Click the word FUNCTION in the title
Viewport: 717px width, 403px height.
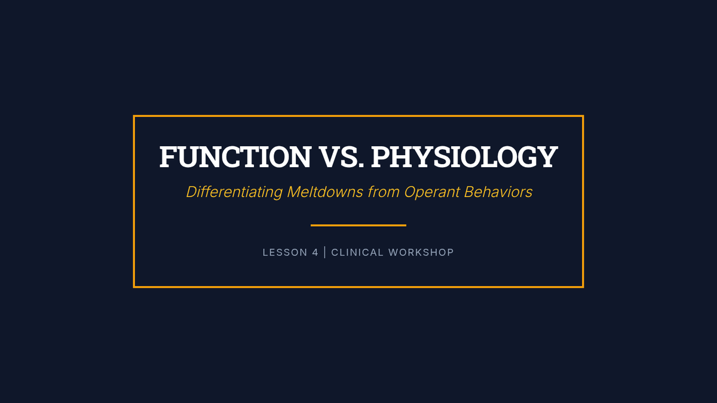(x=235, y=156)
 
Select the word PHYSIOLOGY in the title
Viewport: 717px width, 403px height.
(x=464, y=156)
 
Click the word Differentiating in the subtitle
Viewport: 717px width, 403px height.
(x=234, y=192)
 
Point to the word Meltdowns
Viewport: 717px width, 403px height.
(x=325, y=192)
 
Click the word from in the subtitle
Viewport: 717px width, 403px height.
(x=384, y=192)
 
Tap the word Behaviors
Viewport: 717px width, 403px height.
(x=498, y=192)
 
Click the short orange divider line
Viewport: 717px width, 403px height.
(x=358, y=226)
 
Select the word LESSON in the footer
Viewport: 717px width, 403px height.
(x=285, y=253)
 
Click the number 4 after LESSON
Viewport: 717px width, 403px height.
(x=315, y=253)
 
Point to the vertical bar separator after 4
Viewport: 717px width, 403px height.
(x=325, y=253)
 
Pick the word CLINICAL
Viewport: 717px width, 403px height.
(x=357, y=253)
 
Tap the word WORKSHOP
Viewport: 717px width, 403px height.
(x=421, y=253)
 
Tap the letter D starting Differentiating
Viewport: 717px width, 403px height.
(x=192, y=192)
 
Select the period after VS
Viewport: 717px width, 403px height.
(x=361, y=165)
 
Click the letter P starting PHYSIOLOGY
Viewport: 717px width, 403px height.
(x=381, y=156)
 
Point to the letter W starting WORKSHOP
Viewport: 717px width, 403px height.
(x=394, y=253)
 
